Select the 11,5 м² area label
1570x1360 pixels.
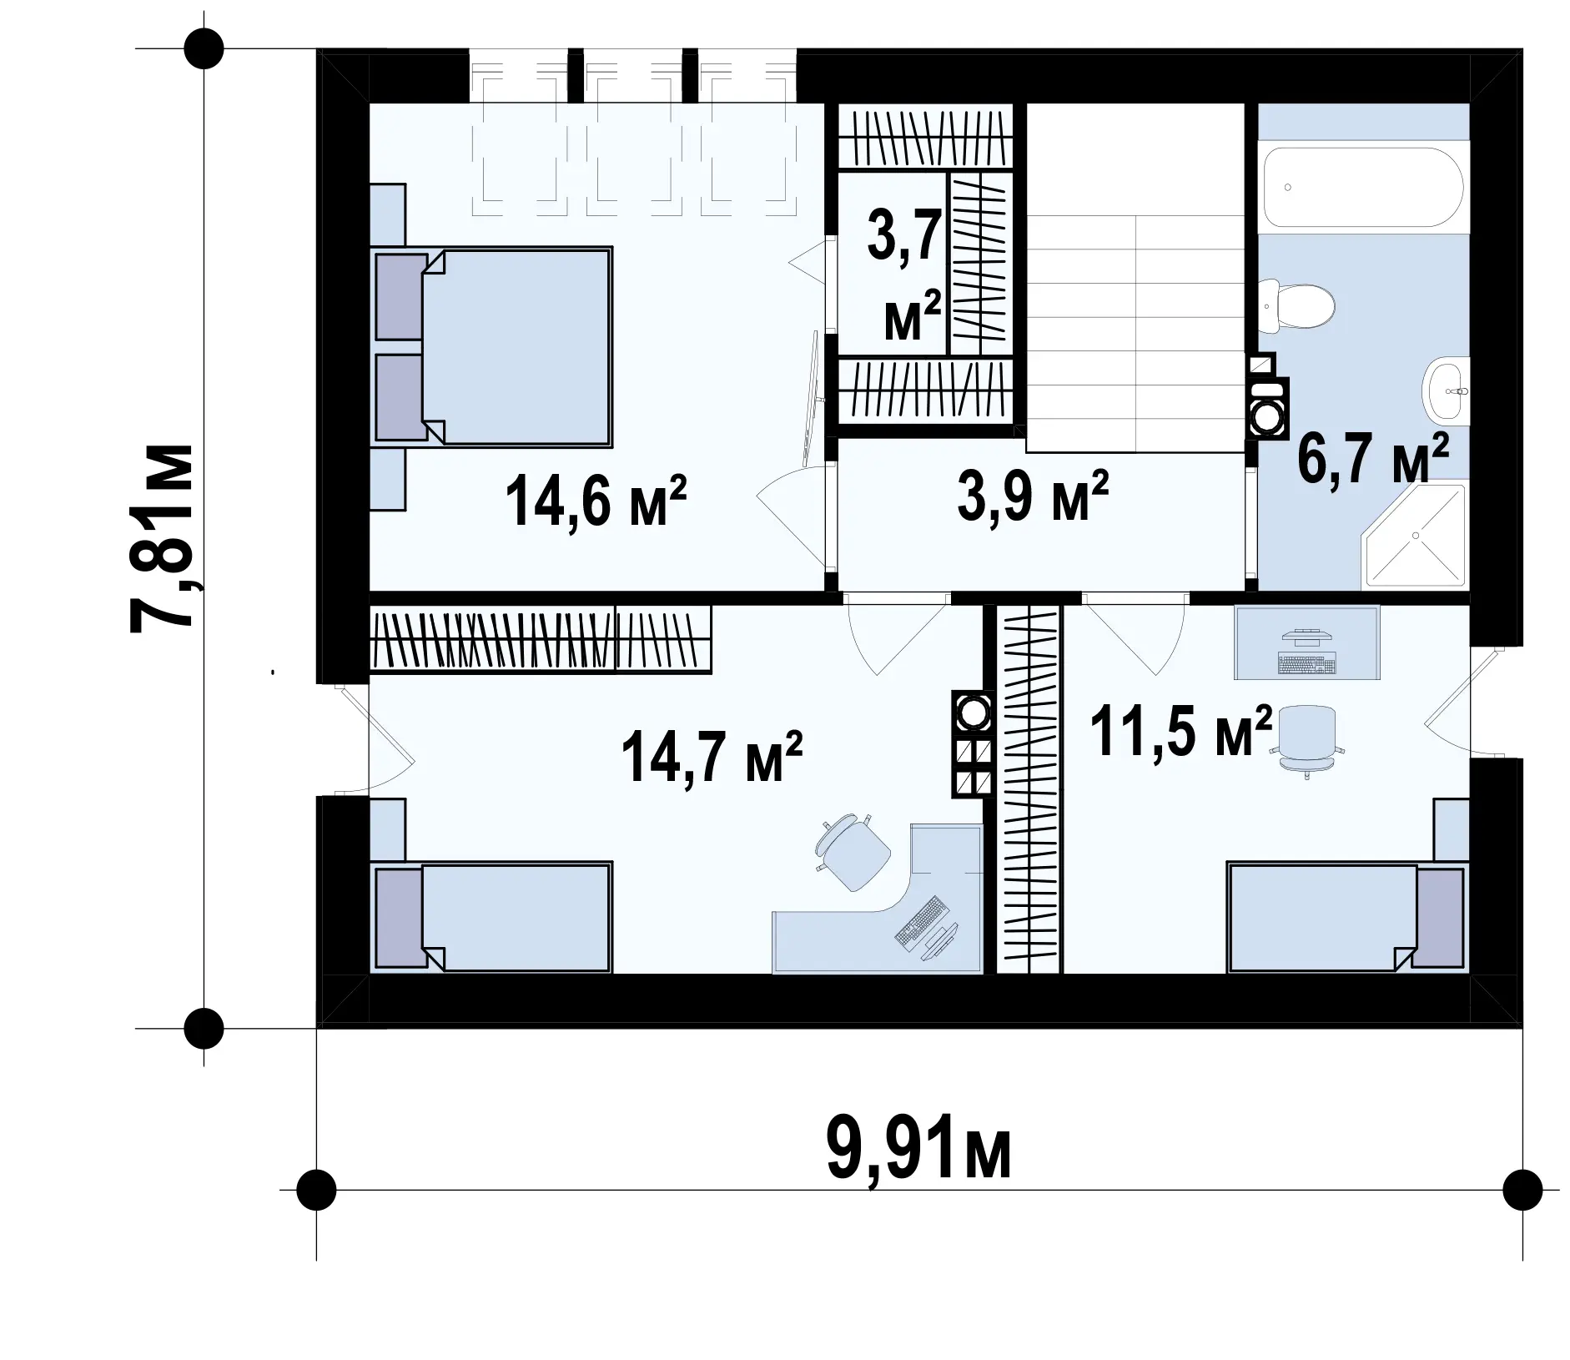pos(1181,731)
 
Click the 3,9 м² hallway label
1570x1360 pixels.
pos(1033,496)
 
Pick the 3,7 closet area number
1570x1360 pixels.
pos(904,236)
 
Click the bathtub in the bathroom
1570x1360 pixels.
pos(1363,188)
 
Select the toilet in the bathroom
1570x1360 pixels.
pos(1297,307)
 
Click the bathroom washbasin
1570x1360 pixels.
pos(1446,391)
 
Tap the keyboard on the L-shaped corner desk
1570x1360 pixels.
pos(921,921)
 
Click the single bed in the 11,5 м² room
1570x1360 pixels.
pos(1346,919)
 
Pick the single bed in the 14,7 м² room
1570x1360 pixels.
pos(492,917)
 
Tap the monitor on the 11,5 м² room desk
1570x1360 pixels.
pos(1306,637)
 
